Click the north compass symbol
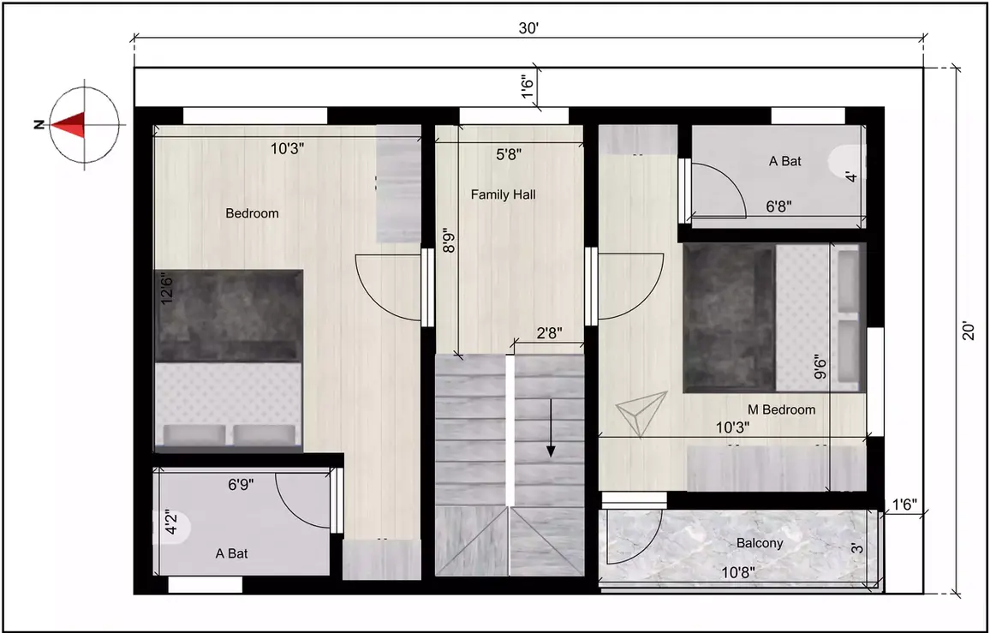pos(83,124)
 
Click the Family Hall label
pos(503,195)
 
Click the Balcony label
pos(760,543)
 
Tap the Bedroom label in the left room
pos(252,213)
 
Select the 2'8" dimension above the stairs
pos(549,334)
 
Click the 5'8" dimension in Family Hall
pos(509,154)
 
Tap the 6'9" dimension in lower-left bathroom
pos(241,484)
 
